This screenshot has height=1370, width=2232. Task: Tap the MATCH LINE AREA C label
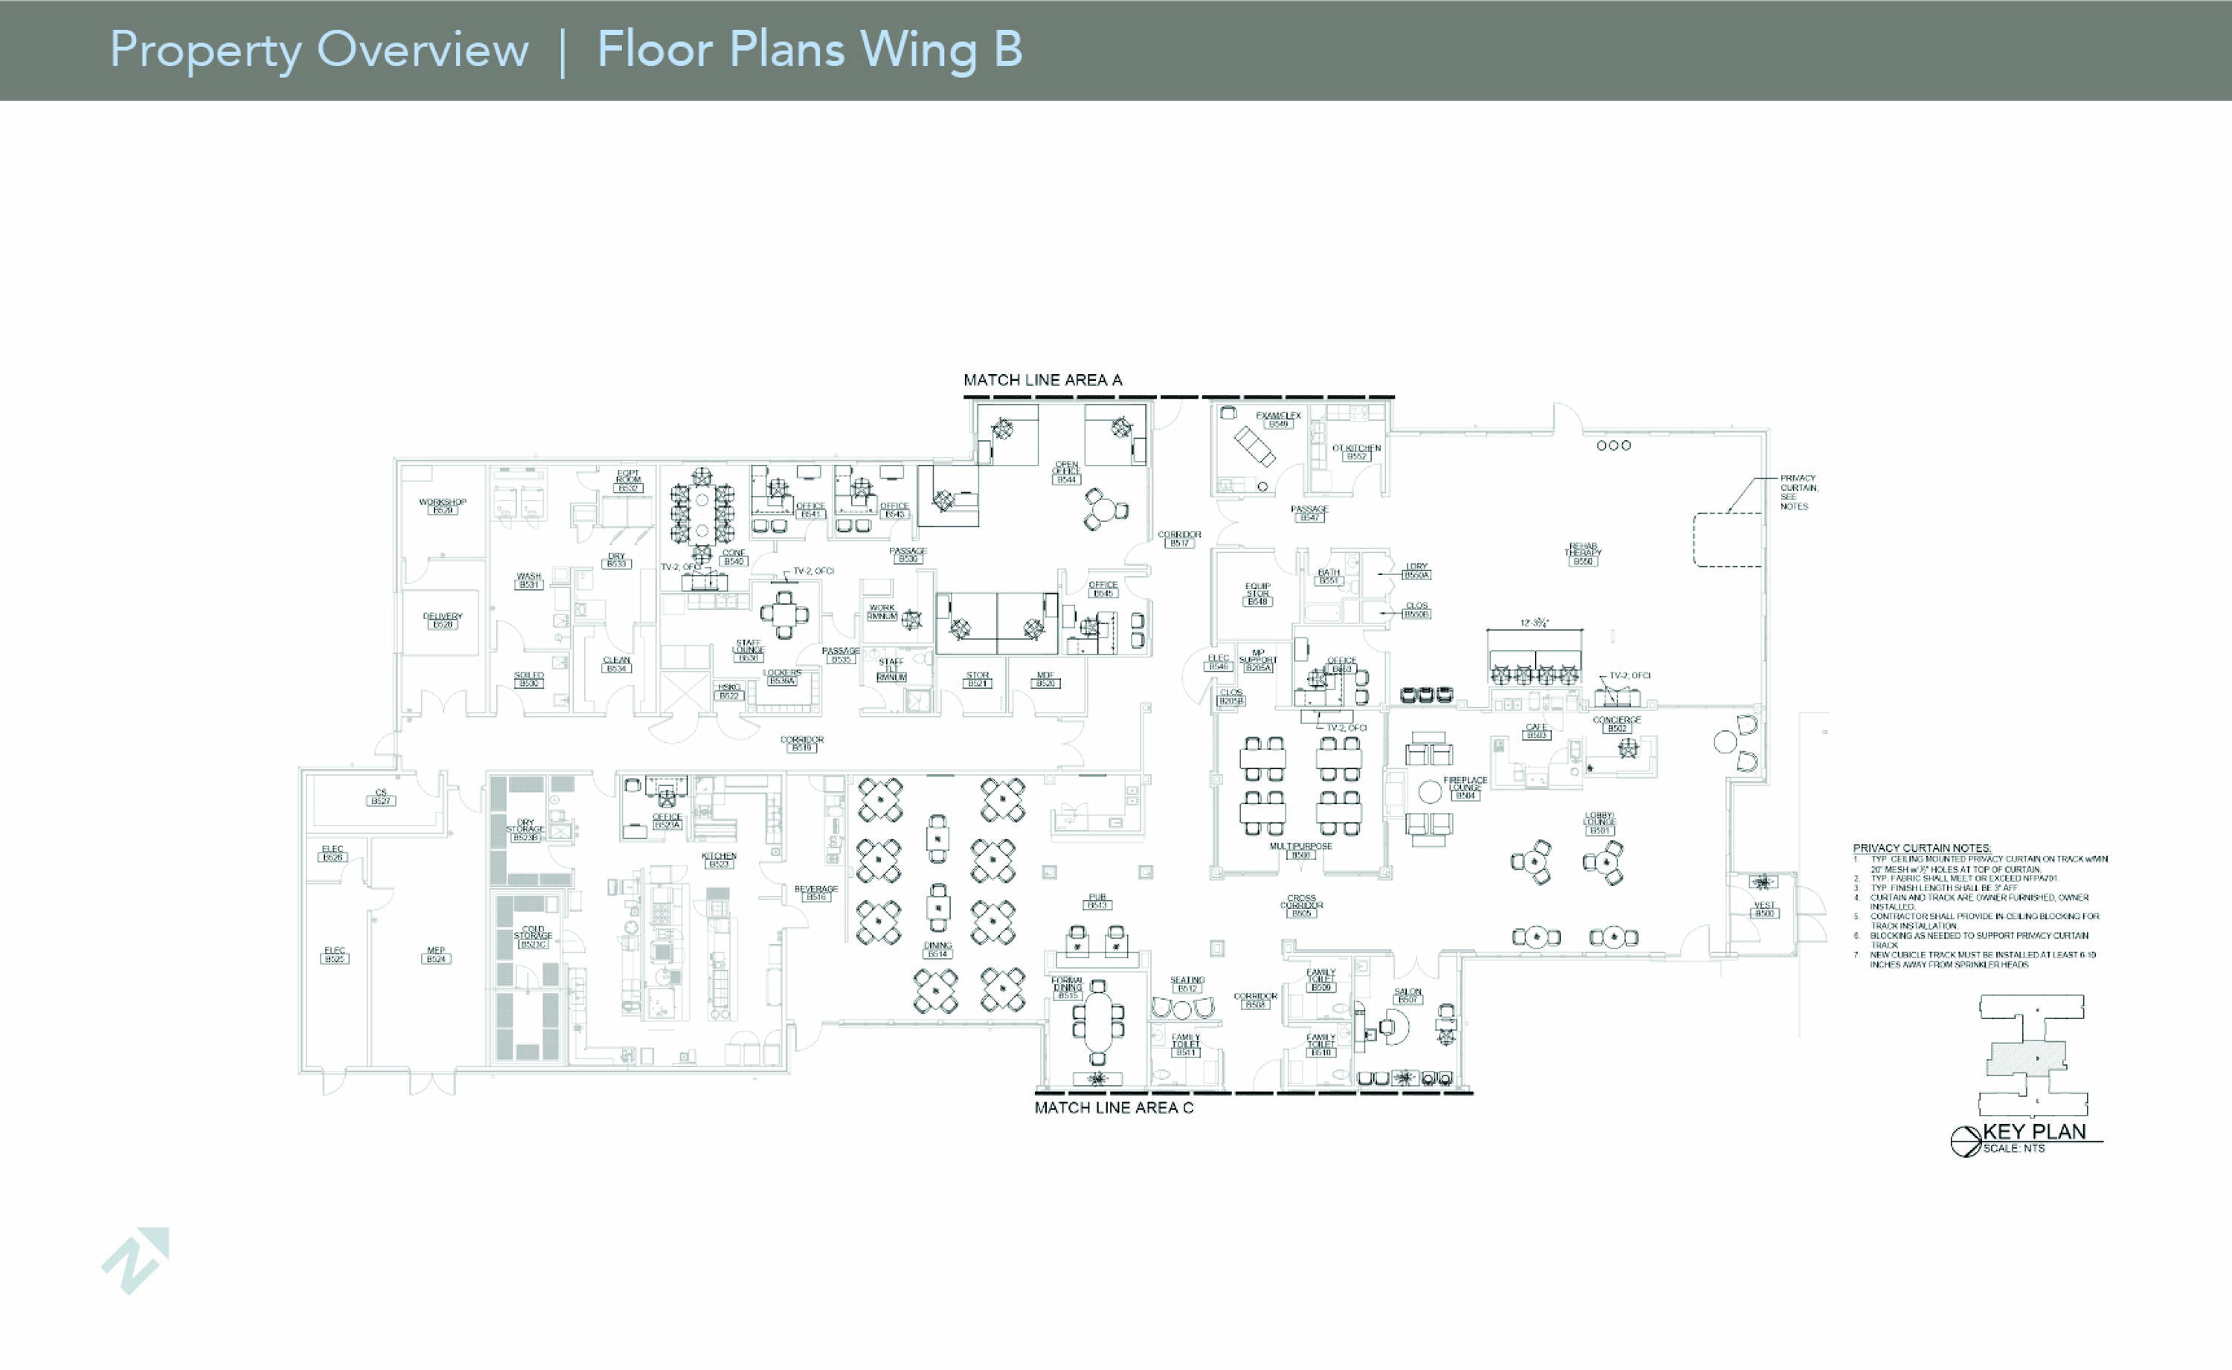[x=1114, y=1107]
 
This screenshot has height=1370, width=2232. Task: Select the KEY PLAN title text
[x=2034, y=1132]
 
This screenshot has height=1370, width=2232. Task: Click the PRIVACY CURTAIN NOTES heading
[x=1921, y=848]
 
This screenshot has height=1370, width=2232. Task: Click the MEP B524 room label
[x=436, y=954]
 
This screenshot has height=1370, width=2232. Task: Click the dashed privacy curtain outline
[x=1728, y=540]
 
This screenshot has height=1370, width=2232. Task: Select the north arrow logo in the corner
[x=137, y=1259]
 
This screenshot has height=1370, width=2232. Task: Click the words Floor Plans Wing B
[x=809, y=49]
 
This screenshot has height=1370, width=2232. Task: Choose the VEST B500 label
[x=1763, y=909]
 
